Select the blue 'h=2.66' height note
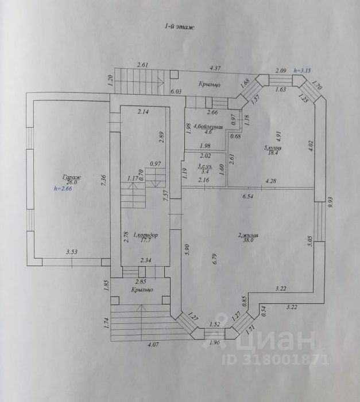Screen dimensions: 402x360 point(64,188)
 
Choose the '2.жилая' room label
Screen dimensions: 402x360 point(250,235)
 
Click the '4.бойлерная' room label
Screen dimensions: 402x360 point(208,126)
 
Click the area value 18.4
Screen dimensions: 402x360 point(271,154)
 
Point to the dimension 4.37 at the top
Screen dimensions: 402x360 point(215,68)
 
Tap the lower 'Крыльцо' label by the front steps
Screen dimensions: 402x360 point(142,290)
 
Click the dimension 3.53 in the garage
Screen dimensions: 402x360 point(72,251)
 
